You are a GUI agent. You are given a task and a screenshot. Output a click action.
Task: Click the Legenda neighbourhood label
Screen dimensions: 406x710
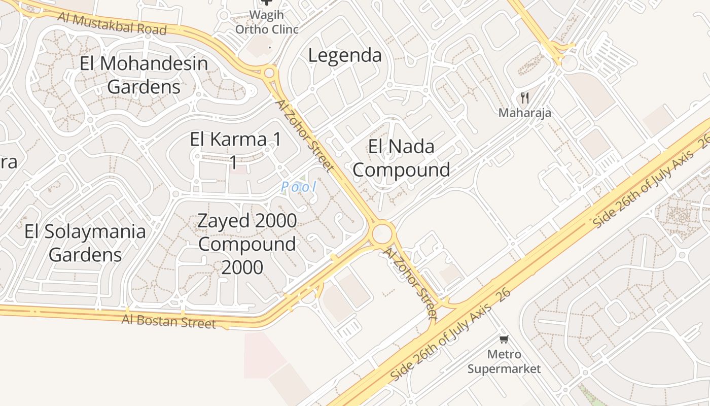[x=345, y=55]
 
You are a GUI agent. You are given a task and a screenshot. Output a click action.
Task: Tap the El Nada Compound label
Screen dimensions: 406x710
[x=401, y=158]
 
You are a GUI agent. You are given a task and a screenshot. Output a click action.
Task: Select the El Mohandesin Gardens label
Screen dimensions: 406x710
[x=144, y=75]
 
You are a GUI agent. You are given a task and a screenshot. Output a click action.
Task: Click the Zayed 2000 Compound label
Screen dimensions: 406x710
[x=247, y=244]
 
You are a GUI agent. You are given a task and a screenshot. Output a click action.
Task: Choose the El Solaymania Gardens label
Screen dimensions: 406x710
[x=85, y=243]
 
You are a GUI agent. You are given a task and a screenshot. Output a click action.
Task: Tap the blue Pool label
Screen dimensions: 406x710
[x=299, y=187]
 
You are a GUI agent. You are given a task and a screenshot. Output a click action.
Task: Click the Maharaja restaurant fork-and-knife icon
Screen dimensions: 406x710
[x=525, y=98]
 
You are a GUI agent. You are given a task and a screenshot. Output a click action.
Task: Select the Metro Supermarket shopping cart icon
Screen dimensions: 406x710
[x=504, y=339]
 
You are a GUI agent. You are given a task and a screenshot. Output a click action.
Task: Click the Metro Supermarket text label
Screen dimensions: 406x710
[x=504, y=361]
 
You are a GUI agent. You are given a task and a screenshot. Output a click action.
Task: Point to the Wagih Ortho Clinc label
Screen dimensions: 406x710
[x=267, y=22]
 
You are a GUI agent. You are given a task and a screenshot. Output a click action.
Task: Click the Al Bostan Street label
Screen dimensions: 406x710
[x=168, y=321]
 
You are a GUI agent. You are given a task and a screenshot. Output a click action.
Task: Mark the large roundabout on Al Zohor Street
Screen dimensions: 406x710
[x=382, y=234]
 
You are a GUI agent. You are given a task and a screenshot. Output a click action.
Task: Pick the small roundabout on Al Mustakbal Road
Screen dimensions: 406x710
[x=269, y=73]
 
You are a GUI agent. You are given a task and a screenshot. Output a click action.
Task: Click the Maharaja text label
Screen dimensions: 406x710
[x=524, y=113]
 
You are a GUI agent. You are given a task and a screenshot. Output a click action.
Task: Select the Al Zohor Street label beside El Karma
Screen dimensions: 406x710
[x=305, y=135]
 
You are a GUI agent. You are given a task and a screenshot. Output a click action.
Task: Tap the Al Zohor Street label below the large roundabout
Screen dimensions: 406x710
[x=410, y=283]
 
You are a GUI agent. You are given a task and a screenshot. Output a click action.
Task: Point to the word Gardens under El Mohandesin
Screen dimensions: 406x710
[x=144, y=87]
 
